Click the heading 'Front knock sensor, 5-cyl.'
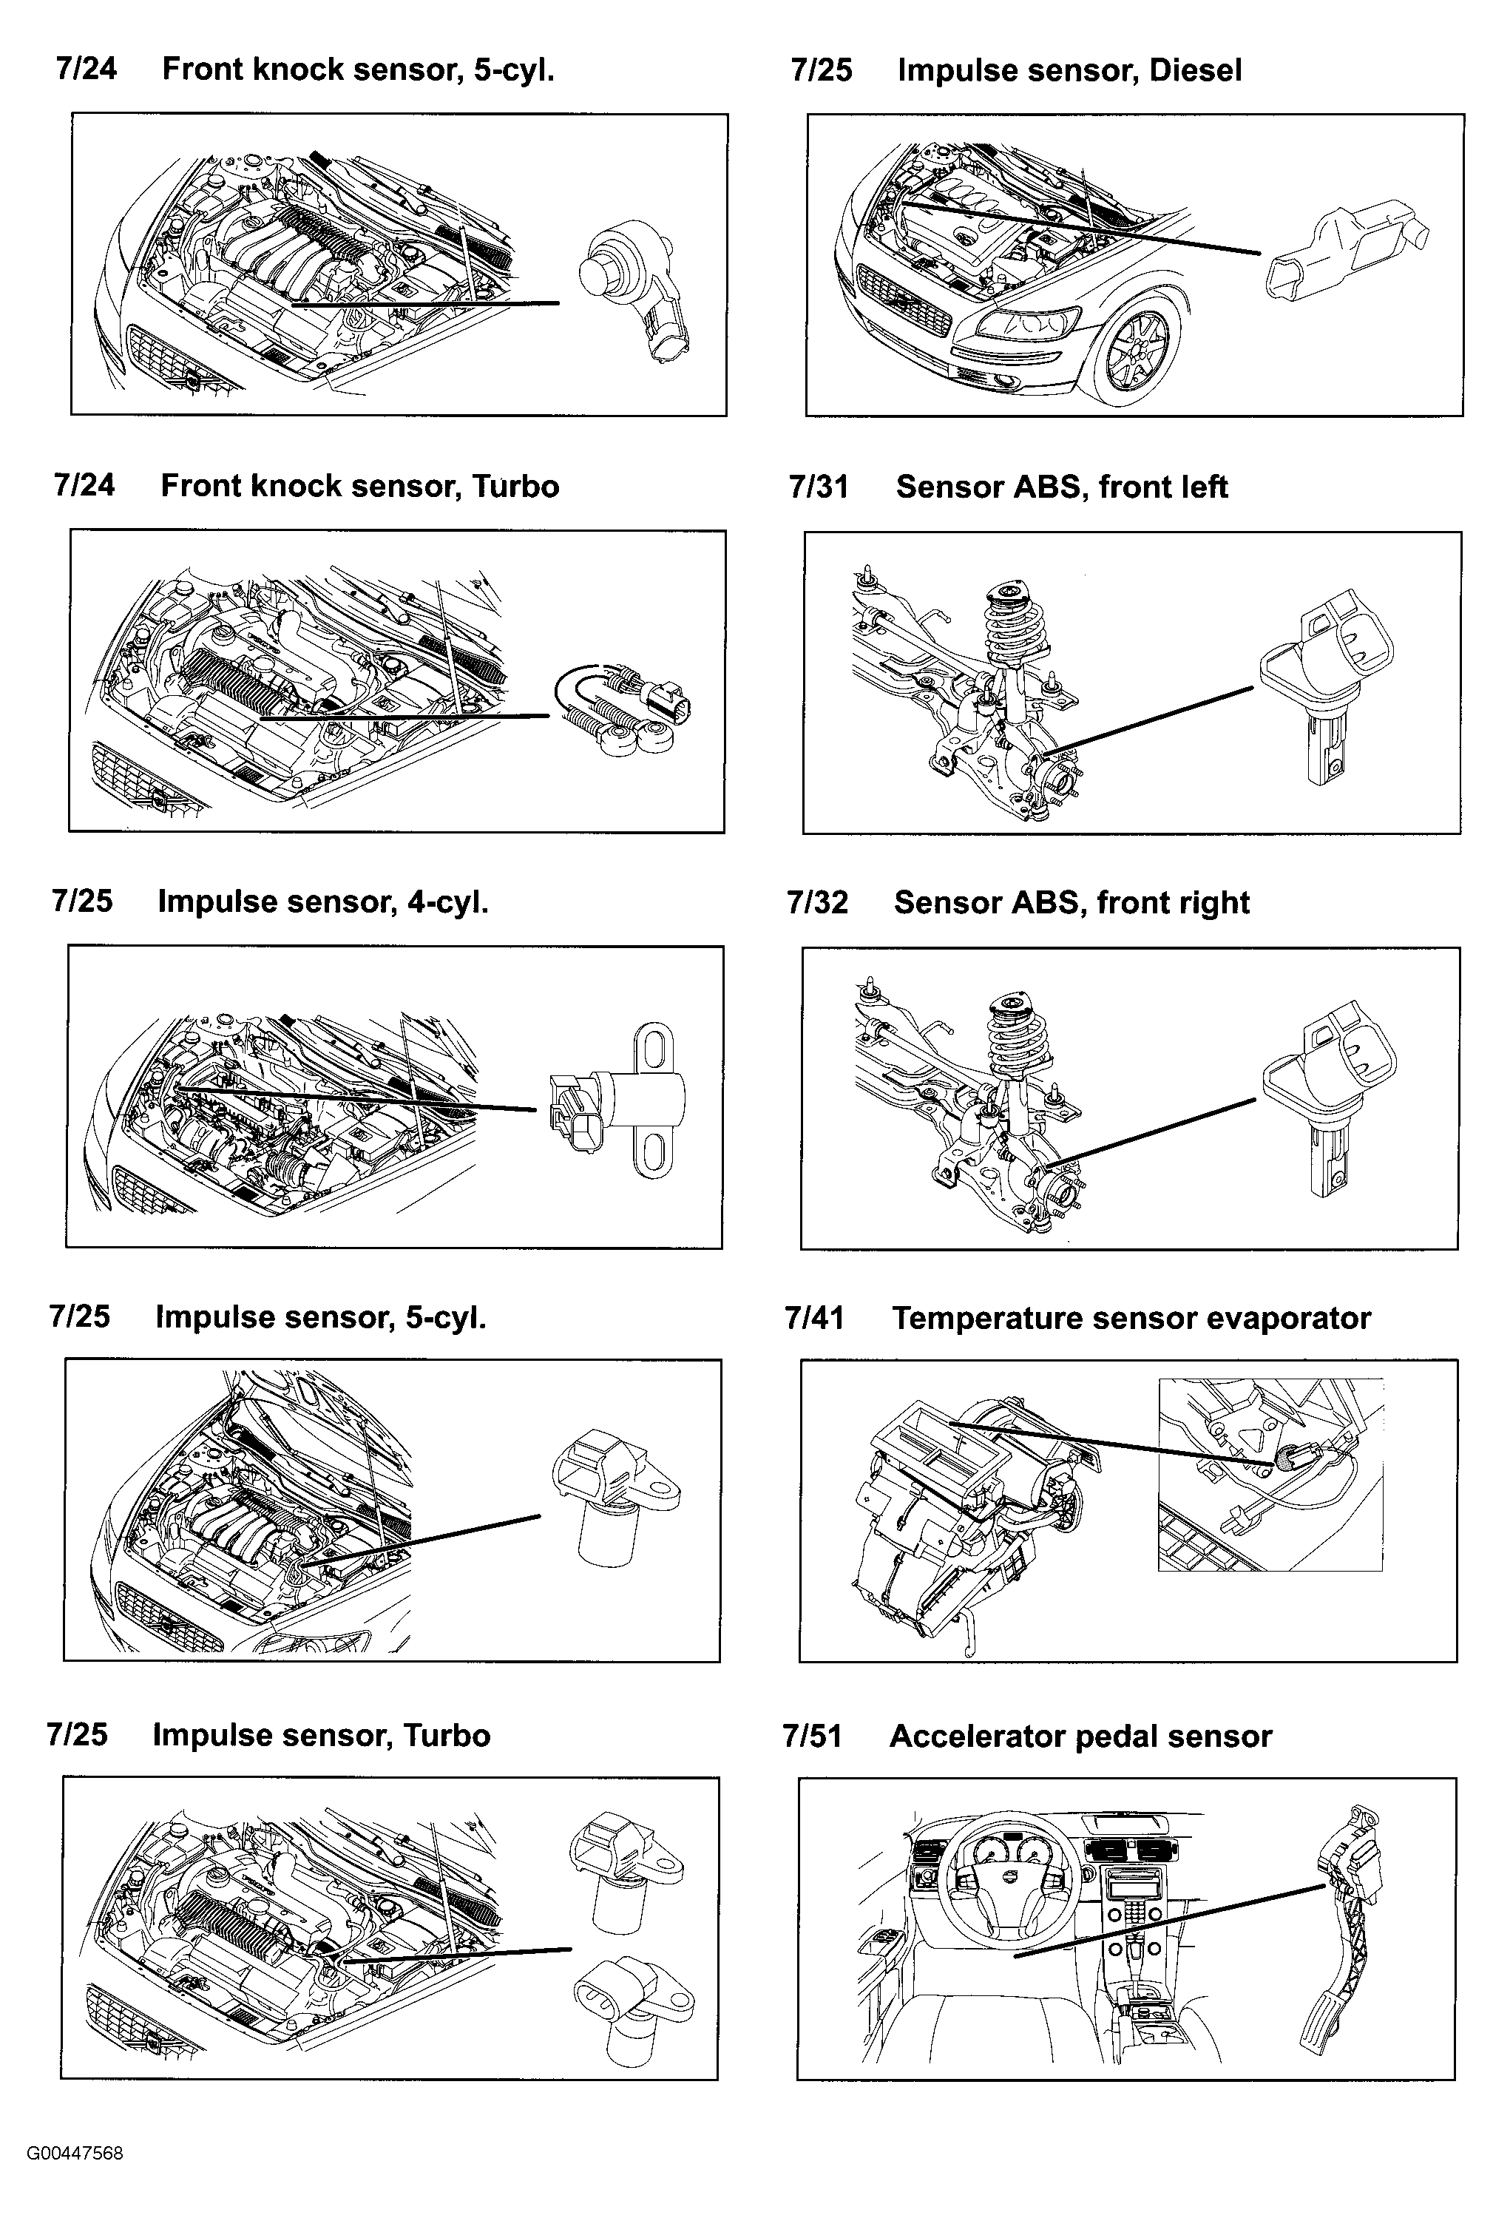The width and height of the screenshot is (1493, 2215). [x=357, y=70]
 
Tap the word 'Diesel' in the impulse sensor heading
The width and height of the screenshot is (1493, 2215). [x=1195, y=70]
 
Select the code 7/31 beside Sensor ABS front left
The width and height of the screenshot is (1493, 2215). [x=818, y=487]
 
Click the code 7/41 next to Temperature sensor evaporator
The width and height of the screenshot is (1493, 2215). [x=814, y=1318]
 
